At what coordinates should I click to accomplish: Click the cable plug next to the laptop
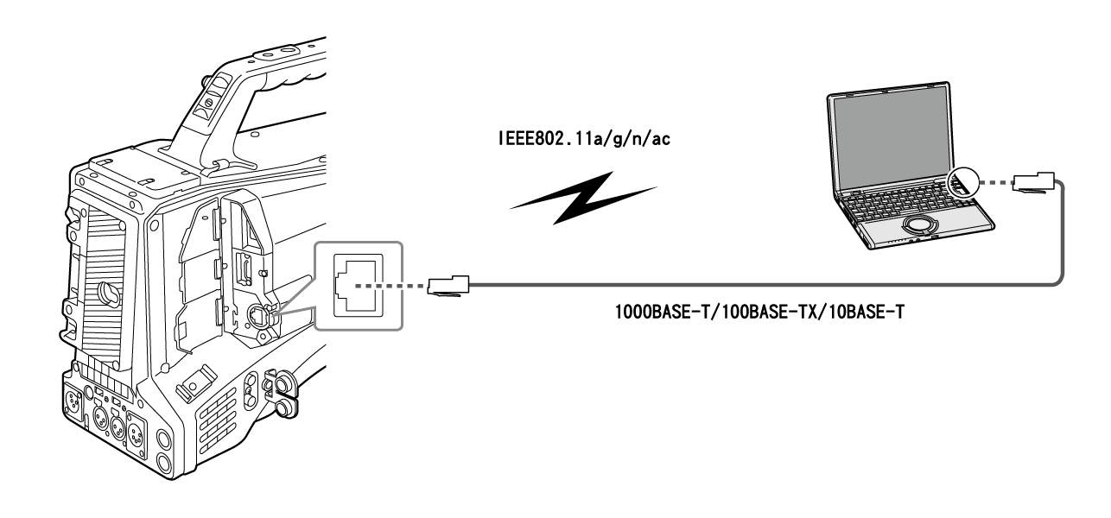pos(1032,183)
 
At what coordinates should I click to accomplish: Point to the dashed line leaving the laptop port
pos(995,183)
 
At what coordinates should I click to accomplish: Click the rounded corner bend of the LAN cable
pos(1056,276)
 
